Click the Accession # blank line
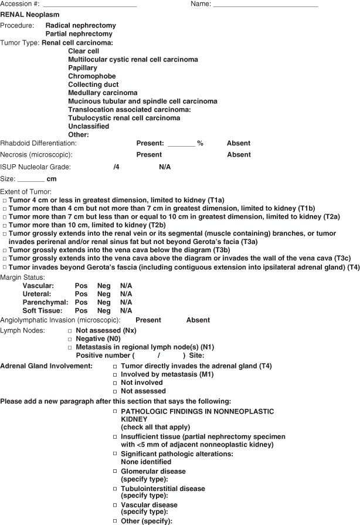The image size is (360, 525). (x=94, y=5)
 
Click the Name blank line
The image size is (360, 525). (x=265, y=5)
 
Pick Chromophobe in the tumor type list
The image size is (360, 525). (x=91, y=76)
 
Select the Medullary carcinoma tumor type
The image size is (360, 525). (x=103, y=93)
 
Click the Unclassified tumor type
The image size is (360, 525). (x=89, y=126)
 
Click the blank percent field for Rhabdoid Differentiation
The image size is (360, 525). (x=181, y=144)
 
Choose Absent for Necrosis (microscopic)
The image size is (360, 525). (x=239, y=155)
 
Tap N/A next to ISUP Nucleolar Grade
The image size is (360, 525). (x=165, y=167)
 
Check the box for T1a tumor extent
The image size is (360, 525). (x=5, y=201)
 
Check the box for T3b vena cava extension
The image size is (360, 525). (x=5, y=250)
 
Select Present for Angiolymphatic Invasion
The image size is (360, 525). (x=148, y=320)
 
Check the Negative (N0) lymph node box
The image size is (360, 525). (x=70, y=340)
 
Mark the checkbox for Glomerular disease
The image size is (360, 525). (x=115, y=472)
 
